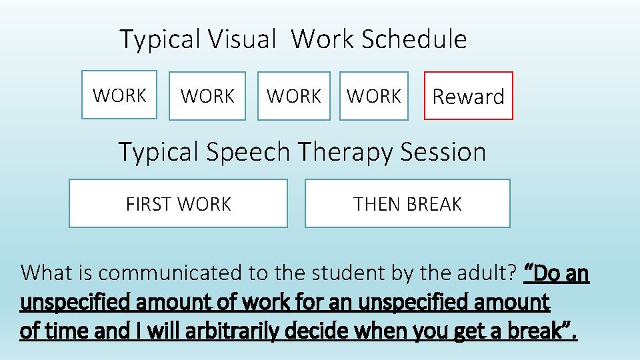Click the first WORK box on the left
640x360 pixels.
(x=119, y=95)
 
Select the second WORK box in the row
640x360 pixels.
(x=207, y=96)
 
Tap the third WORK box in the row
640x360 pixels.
(x=294, y=96)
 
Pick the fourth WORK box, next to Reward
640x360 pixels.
(x=374, y=96)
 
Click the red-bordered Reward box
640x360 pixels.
(x=469, y=96)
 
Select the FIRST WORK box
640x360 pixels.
(x=178, y=203)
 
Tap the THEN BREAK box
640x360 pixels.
(x=407, y=203)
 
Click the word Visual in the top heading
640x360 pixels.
(x=242, y=39)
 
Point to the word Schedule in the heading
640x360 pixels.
(x=414, y=39)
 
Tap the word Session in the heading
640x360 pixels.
(x=443, y=152)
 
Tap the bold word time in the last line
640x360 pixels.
(x=65, y=331)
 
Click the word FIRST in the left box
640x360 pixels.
(x=146, y=204)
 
